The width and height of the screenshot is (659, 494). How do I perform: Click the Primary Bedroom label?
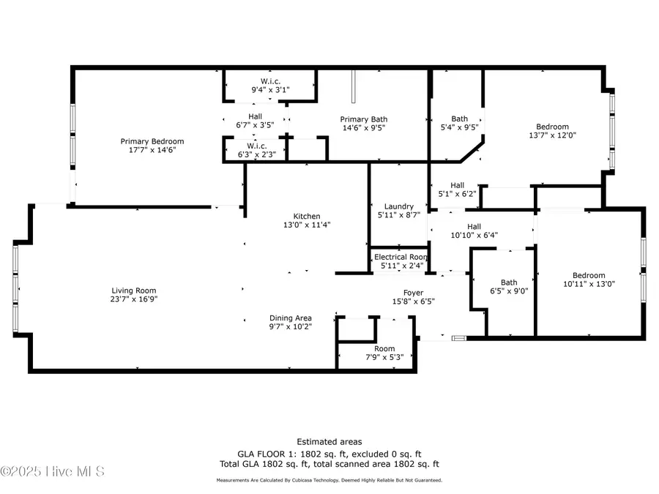[x=152, y=141]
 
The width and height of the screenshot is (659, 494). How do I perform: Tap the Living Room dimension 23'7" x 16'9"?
[x=134, y=299]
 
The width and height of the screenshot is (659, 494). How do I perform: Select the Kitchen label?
[x=307, y=216]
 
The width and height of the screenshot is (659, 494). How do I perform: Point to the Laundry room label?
[x=399, y=206]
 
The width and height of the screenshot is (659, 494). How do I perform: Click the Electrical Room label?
[x=400, y=257]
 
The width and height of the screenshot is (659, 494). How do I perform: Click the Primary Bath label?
[x=363, y=119]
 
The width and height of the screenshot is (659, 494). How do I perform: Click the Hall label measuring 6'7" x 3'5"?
[x=255, y=116]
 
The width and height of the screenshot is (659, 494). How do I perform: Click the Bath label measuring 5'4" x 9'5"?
[x=459, y=119]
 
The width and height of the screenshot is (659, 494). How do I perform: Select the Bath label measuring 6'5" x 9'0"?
[x=509, y=282]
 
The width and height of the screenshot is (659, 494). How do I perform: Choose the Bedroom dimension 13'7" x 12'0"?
[x=553, y=135]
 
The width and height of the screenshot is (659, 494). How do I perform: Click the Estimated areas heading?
[x=329, y=441]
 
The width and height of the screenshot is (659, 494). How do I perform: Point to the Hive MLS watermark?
[x=53, y=471]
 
